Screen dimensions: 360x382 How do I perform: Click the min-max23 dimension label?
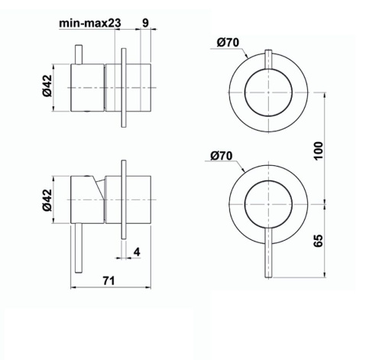tap(90, 24)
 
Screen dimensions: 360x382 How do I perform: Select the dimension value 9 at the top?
tap(145, 24)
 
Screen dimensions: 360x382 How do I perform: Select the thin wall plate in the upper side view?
tap(122, 88)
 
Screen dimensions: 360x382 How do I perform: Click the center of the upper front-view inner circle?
tap(268, 91)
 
